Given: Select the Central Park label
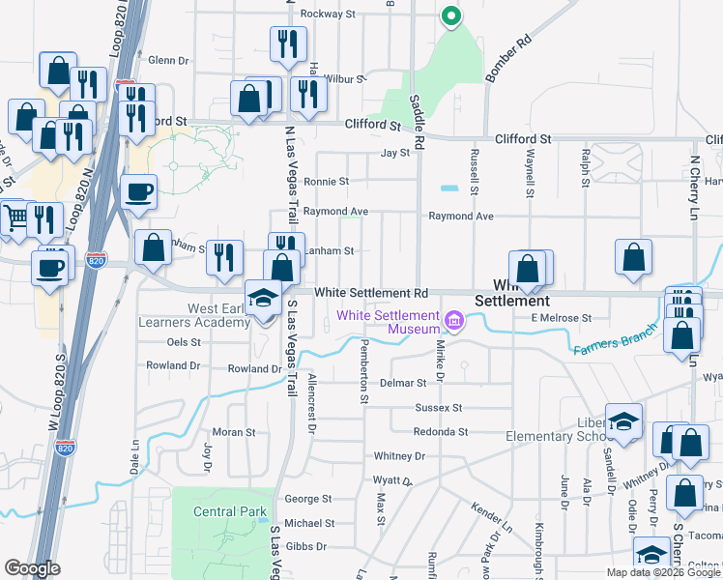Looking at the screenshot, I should (223, 511).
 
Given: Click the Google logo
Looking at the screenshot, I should (32, 568).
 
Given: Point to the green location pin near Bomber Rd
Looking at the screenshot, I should (449, 16).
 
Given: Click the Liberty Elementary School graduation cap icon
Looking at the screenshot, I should (623, 421).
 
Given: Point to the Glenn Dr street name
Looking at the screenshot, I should (168, 59).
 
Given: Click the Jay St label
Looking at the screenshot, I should (396, 153).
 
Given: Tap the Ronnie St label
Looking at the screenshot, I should (326, 181).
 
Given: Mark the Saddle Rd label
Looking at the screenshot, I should (419, 121).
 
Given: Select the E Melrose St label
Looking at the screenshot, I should (560, 318).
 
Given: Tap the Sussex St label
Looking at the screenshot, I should (439, 408).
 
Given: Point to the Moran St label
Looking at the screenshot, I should (233, 432).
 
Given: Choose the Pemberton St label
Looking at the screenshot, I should (364, 371).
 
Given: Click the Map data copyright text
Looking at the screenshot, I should (663, 572).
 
